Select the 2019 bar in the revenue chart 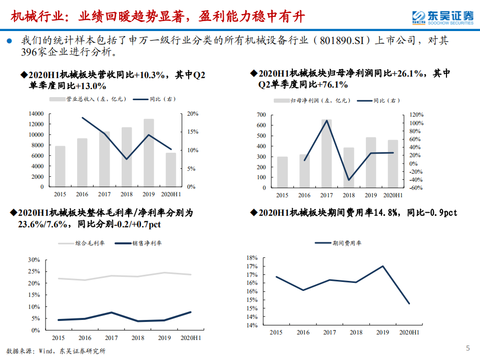(149, 153)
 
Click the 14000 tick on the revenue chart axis (36, 114)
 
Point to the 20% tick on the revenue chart (193, 114)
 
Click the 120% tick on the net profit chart (416, 115)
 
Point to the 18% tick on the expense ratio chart (251, 257)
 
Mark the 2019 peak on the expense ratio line (383, 266)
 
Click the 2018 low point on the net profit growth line (349, 180)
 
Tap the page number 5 (468, 348)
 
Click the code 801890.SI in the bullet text (341, 41)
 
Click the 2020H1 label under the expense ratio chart (409, 332)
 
